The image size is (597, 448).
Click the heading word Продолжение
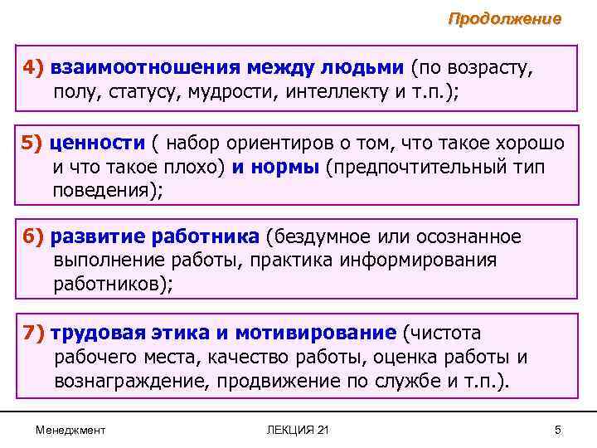[504, 18]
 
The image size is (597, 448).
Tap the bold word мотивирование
[316, 333]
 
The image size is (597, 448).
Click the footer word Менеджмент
[70, 429]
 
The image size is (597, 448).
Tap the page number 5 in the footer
[558, 429]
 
